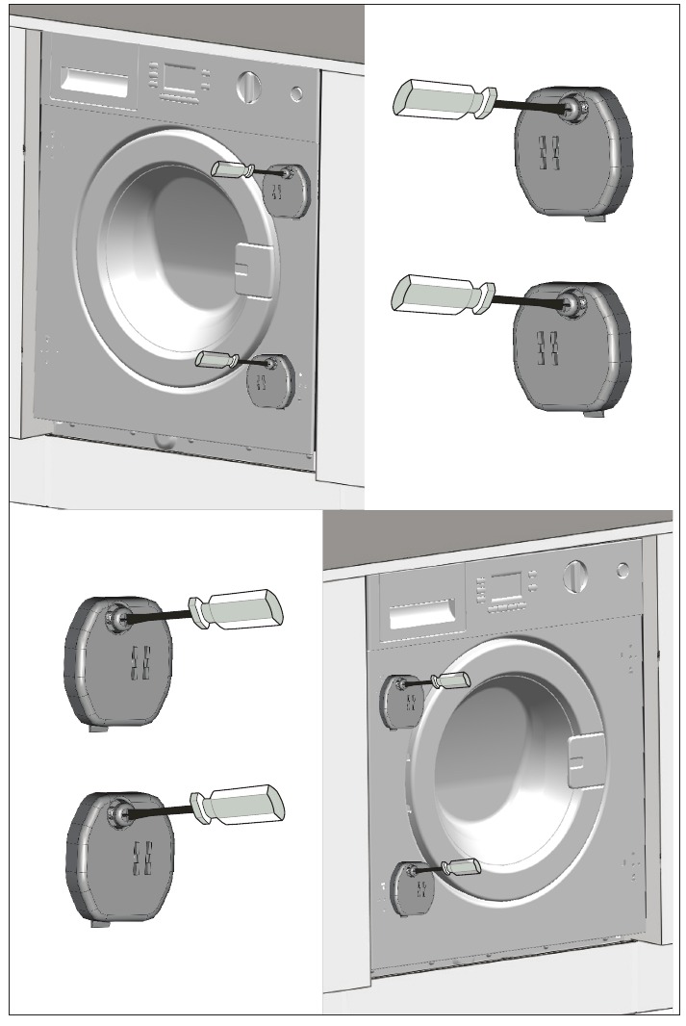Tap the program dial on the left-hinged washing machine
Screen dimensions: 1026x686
coord(575,574)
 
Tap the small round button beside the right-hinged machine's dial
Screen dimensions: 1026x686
coord(296,94)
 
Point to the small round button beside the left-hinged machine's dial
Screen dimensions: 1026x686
coord(621,570)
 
